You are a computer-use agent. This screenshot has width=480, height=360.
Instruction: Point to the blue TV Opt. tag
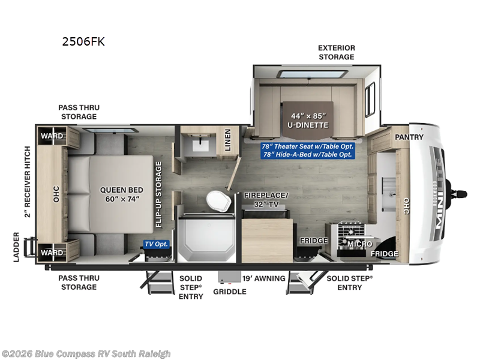(x=156, y=244)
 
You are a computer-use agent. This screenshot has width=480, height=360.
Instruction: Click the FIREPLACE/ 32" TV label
(x=266, y=200)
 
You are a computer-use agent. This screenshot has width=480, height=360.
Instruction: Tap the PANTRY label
(x=409, y=137)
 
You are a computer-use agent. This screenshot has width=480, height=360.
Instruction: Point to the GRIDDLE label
(x=230, y=292)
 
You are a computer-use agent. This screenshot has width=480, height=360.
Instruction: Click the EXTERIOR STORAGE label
(x=336, y=52)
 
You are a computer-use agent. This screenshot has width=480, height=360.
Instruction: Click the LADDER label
(x=16, y=247)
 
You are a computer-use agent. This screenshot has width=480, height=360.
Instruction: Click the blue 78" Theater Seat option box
(x=307, y=151)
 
